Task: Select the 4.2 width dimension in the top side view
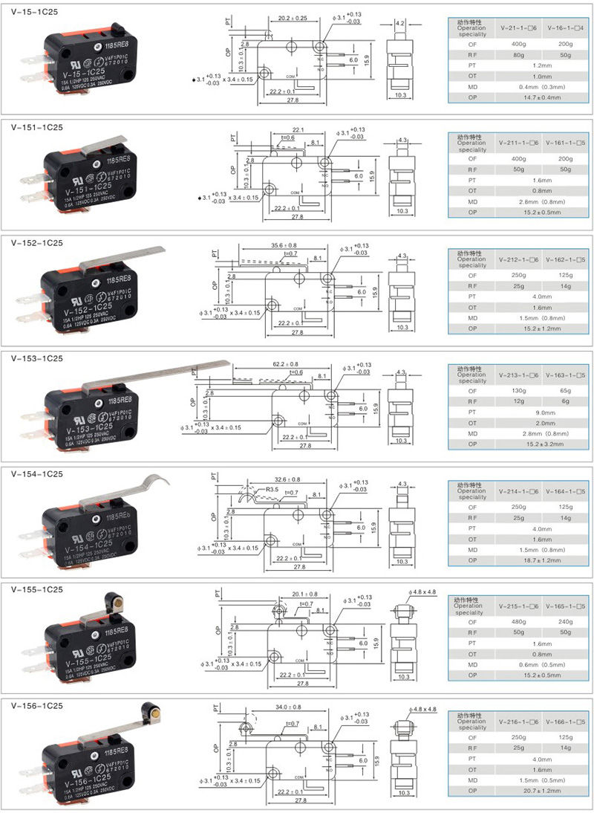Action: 400,24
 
